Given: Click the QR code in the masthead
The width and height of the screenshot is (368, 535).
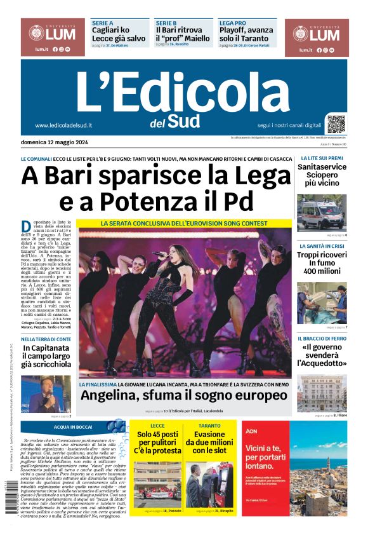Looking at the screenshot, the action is (336, 123).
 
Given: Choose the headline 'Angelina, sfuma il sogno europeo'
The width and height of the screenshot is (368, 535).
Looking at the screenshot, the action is (183, 395).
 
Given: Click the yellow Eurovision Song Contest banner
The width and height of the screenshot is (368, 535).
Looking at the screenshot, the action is (184, 224).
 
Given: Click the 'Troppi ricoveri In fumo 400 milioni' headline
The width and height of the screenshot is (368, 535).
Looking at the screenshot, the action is (322, 262).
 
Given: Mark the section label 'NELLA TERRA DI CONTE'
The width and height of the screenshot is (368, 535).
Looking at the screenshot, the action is (46, 339).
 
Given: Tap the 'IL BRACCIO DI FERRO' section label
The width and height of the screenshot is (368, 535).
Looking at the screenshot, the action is (323, 339).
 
